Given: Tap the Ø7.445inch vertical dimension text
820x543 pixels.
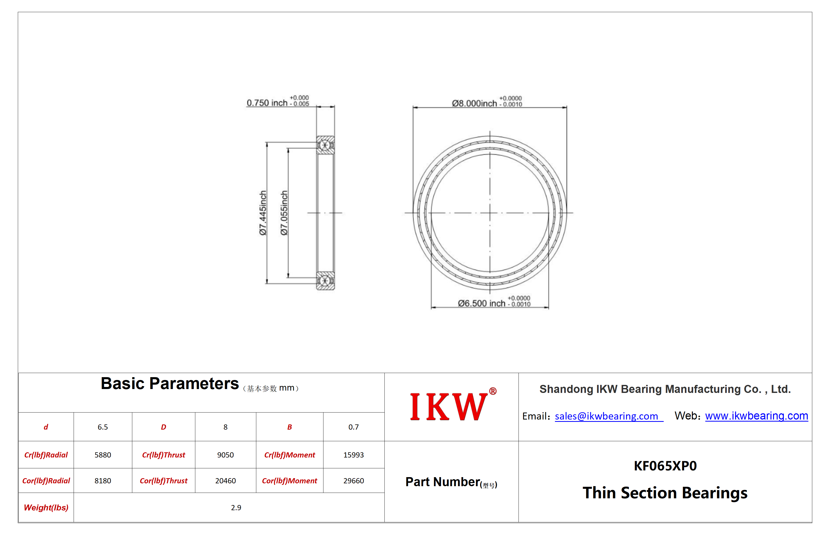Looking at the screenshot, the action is coord(263,213).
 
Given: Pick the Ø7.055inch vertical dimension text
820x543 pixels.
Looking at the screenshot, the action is coord(284,213).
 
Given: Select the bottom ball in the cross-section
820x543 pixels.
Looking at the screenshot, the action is coord(325,280).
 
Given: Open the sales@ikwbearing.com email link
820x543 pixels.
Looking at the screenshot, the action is coord(606,416).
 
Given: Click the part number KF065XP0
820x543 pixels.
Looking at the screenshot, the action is coord(665,466).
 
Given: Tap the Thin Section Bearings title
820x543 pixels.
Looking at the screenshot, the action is coord(665,493).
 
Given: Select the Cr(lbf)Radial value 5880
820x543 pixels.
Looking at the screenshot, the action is coord(103,455).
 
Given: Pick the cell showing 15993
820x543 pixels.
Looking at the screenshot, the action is coord(354,455).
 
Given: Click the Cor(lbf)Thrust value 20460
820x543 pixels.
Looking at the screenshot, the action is coord(226,481).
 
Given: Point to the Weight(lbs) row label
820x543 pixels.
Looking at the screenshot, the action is coord(46,508).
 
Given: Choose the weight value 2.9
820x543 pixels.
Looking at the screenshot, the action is coord(236,508).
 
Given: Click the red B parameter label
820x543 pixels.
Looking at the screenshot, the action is coord(290,427).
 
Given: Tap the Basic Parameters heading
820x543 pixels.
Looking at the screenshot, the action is coord(170,383).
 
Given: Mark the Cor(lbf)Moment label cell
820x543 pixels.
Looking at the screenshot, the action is coord(290,481).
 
